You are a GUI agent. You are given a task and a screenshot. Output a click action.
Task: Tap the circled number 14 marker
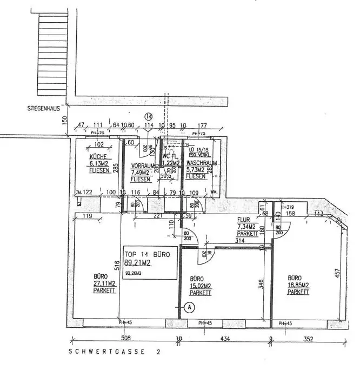click(x=149, y=116)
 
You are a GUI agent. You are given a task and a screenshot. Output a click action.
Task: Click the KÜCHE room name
click(x=98, y=157)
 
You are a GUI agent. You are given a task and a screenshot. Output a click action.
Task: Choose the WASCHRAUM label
click(x=201, y=162)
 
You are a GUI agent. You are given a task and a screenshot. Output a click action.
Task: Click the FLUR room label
click(x=243, y=220)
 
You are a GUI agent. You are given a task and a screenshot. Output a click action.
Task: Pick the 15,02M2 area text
click(x=201, y=286)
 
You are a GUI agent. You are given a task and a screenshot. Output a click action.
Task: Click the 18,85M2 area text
click(x=298, y=285)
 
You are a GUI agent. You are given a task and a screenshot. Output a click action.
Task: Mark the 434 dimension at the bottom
click(x=226, y=340)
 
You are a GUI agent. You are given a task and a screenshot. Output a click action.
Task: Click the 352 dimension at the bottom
click(x=308, y=340)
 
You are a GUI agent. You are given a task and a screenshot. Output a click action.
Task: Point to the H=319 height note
click(x=286, y=206)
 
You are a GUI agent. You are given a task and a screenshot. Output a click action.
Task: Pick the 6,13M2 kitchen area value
click(x=99, y=163)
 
